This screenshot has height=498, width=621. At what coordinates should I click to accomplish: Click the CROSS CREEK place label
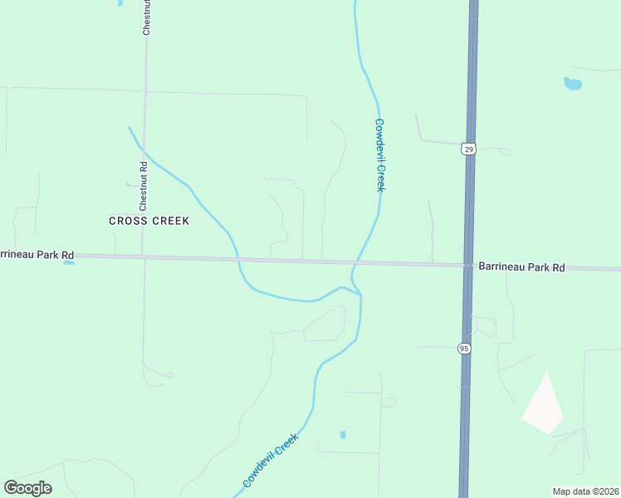tap(149, 221)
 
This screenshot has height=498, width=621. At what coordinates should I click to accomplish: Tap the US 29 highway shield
tap(469, 149)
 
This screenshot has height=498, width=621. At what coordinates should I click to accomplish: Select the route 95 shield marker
tap(464, 349)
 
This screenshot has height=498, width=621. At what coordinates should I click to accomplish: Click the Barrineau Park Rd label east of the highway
tap(521, 267)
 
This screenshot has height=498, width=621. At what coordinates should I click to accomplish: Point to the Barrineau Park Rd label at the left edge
tap(37, 255)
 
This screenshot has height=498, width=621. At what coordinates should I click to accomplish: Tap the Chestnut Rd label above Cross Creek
tap(144, 184)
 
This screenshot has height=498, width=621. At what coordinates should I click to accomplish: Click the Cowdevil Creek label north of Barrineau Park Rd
tap(379, 155)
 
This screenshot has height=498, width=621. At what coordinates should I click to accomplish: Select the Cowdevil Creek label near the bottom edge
tap(270, 462)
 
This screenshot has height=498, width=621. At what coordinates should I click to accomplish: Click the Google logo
tap(27, 488)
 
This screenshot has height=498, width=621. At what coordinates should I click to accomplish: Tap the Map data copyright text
tap(585, 491)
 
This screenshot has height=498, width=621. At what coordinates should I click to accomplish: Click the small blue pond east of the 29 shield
tap(572, 83)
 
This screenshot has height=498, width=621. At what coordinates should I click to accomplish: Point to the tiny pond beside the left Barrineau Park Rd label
tap(68, 262)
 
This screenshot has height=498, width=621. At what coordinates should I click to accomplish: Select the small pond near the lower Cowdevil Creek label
tap(343, 434)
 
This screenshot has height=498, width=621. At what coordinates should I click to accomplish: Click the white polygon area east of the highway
tap(543, 406)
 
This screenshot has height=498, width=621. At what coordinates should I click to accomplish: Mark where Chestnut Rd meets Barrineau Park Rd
tap(144, 257)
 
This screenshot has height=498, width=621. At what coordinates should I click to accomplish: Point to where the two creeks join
tap(360, 295)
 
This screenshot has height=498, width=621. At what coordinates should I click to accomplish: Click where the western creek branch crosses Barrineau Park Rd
tap(238, 260)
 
